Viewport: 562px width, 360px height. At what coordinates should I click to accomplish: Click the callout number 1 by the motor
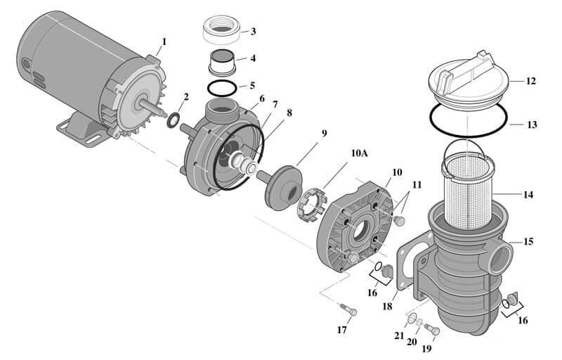[164, 41]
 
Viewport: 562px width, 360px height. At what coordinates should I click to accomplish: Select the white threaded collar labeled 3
[221, 30]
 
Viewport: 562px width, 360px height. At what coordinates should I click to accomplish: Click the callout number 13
[531, 124]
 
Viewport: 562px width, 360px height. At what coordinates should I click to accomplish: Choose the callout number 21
[398, 335]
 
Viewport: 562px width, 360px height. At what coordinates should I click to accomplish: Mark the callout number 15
[528, 241]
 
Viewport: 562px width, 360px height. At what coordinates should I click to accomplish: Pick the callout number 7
[275, 104]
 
